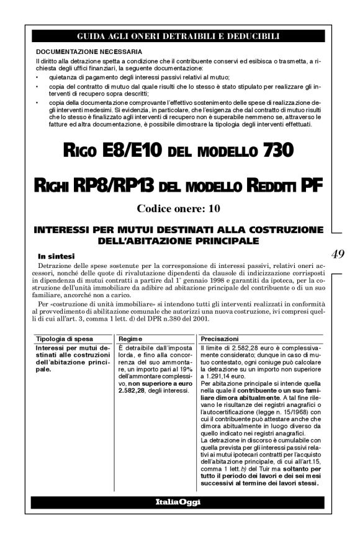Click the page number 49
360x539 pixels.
[339, 253]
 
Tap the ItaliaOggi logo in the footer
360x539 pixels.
[178, 501]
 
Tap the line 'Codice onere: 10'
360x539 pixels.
[178, 208]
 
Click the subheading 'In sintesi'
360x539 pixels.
[57, 254]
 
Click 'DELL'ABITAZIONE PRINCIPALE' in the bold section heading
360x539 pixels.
[178, 239]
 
